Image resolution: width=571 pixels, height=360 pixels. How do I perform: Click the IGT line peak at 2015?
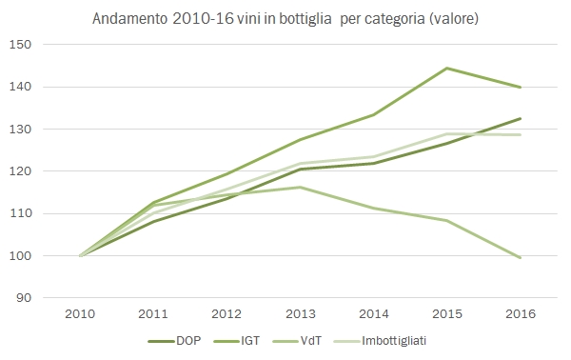446,69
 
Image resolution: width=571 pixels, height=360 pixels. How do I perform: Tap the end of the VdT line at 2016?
520,257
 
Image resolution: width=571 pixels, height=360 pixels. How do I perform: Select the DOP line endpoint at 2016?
520,118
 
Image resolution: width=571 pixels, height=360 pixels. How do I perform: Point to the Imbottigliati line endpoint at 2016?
520,134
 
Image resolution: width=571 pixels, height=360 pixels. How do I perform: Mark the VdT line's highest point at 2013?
300,187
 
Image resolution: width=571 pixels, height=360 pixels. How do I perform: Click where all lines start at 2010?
80,255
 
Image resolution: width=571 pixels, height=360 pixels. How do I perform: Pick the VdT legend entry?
306,338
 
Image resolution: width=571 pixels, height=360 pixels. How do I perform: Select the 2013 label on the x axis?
300,313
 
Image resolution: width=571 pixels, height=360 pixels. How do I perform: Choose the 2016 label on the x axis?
520,313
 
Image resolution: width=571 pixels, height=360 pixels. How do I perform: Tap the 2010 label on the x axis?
80,313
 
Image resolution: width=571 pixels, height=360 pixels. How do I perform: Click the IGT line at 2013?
300,140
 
